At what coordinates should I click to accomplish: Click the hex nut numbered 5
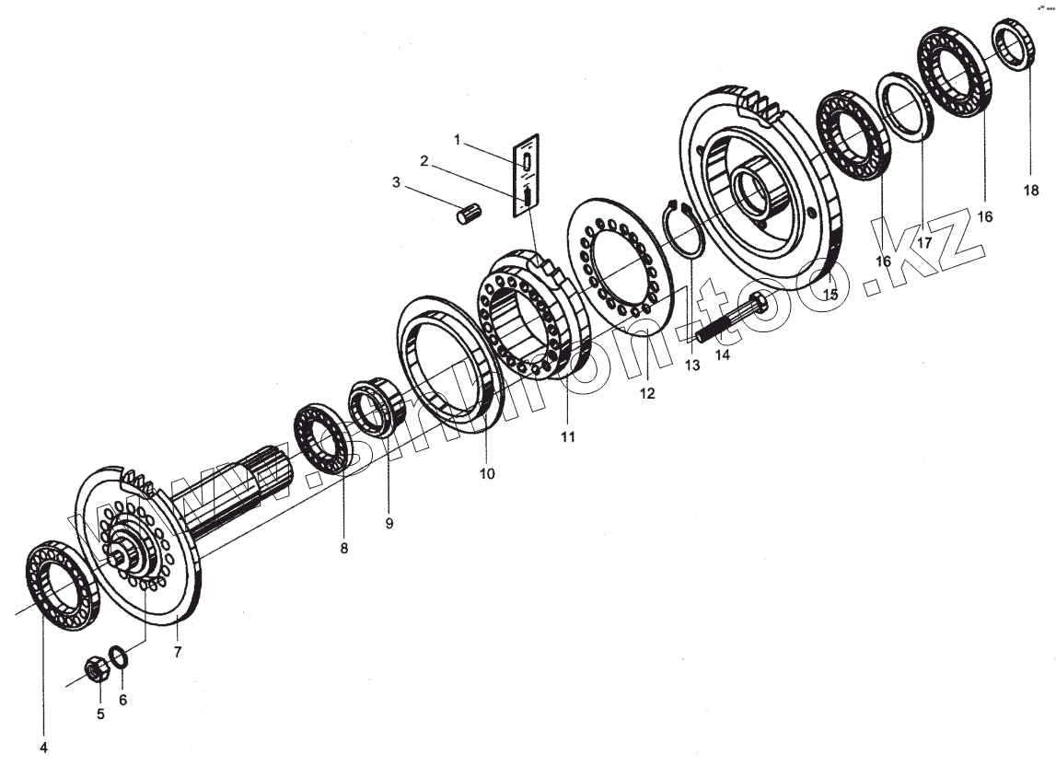point(97,669)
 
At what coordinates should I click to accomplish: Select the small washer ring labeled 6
point(119,656)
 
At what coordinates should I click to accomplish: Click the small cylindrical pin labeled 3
point(470,215)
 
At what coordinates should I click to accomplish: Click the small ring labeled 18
point(1014,43)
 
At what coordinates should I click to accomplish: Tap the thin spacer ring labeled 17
point(905,105)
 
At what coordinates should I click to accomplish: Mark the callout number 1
point(457,139)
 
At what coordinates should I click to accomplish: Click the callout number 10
point(487,474)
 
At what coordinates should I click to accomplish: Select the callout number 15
point(830,295)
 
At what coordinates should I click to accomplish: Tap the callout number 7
point(178,652)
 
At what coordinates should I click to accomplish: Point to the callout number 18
point(1031,191)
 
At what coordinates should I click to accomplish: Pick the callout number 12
point(646,393)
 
